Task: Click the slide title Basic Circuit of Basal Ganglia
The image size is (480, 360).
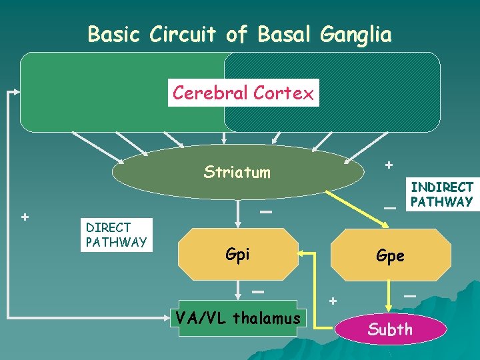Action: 239,34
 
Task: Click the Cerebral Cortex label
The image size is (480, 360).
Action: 243,93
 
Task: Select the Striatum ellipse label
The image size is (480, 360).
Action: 237,173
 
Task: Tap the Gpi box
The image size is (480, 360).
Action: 238,254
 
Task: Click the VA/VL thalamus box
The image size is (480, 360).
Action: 237,319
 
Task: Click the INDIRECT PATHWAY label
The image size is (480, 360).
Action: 441,195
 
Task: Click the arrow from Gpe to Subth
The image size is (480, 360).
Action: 391,295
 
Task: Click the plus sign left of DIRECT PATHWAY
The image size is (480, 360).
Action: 25,217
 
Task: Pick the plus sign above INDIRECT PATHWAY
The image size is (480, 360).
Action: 389,165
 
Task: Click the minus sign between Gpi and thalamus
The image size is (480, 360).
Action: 258,292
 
